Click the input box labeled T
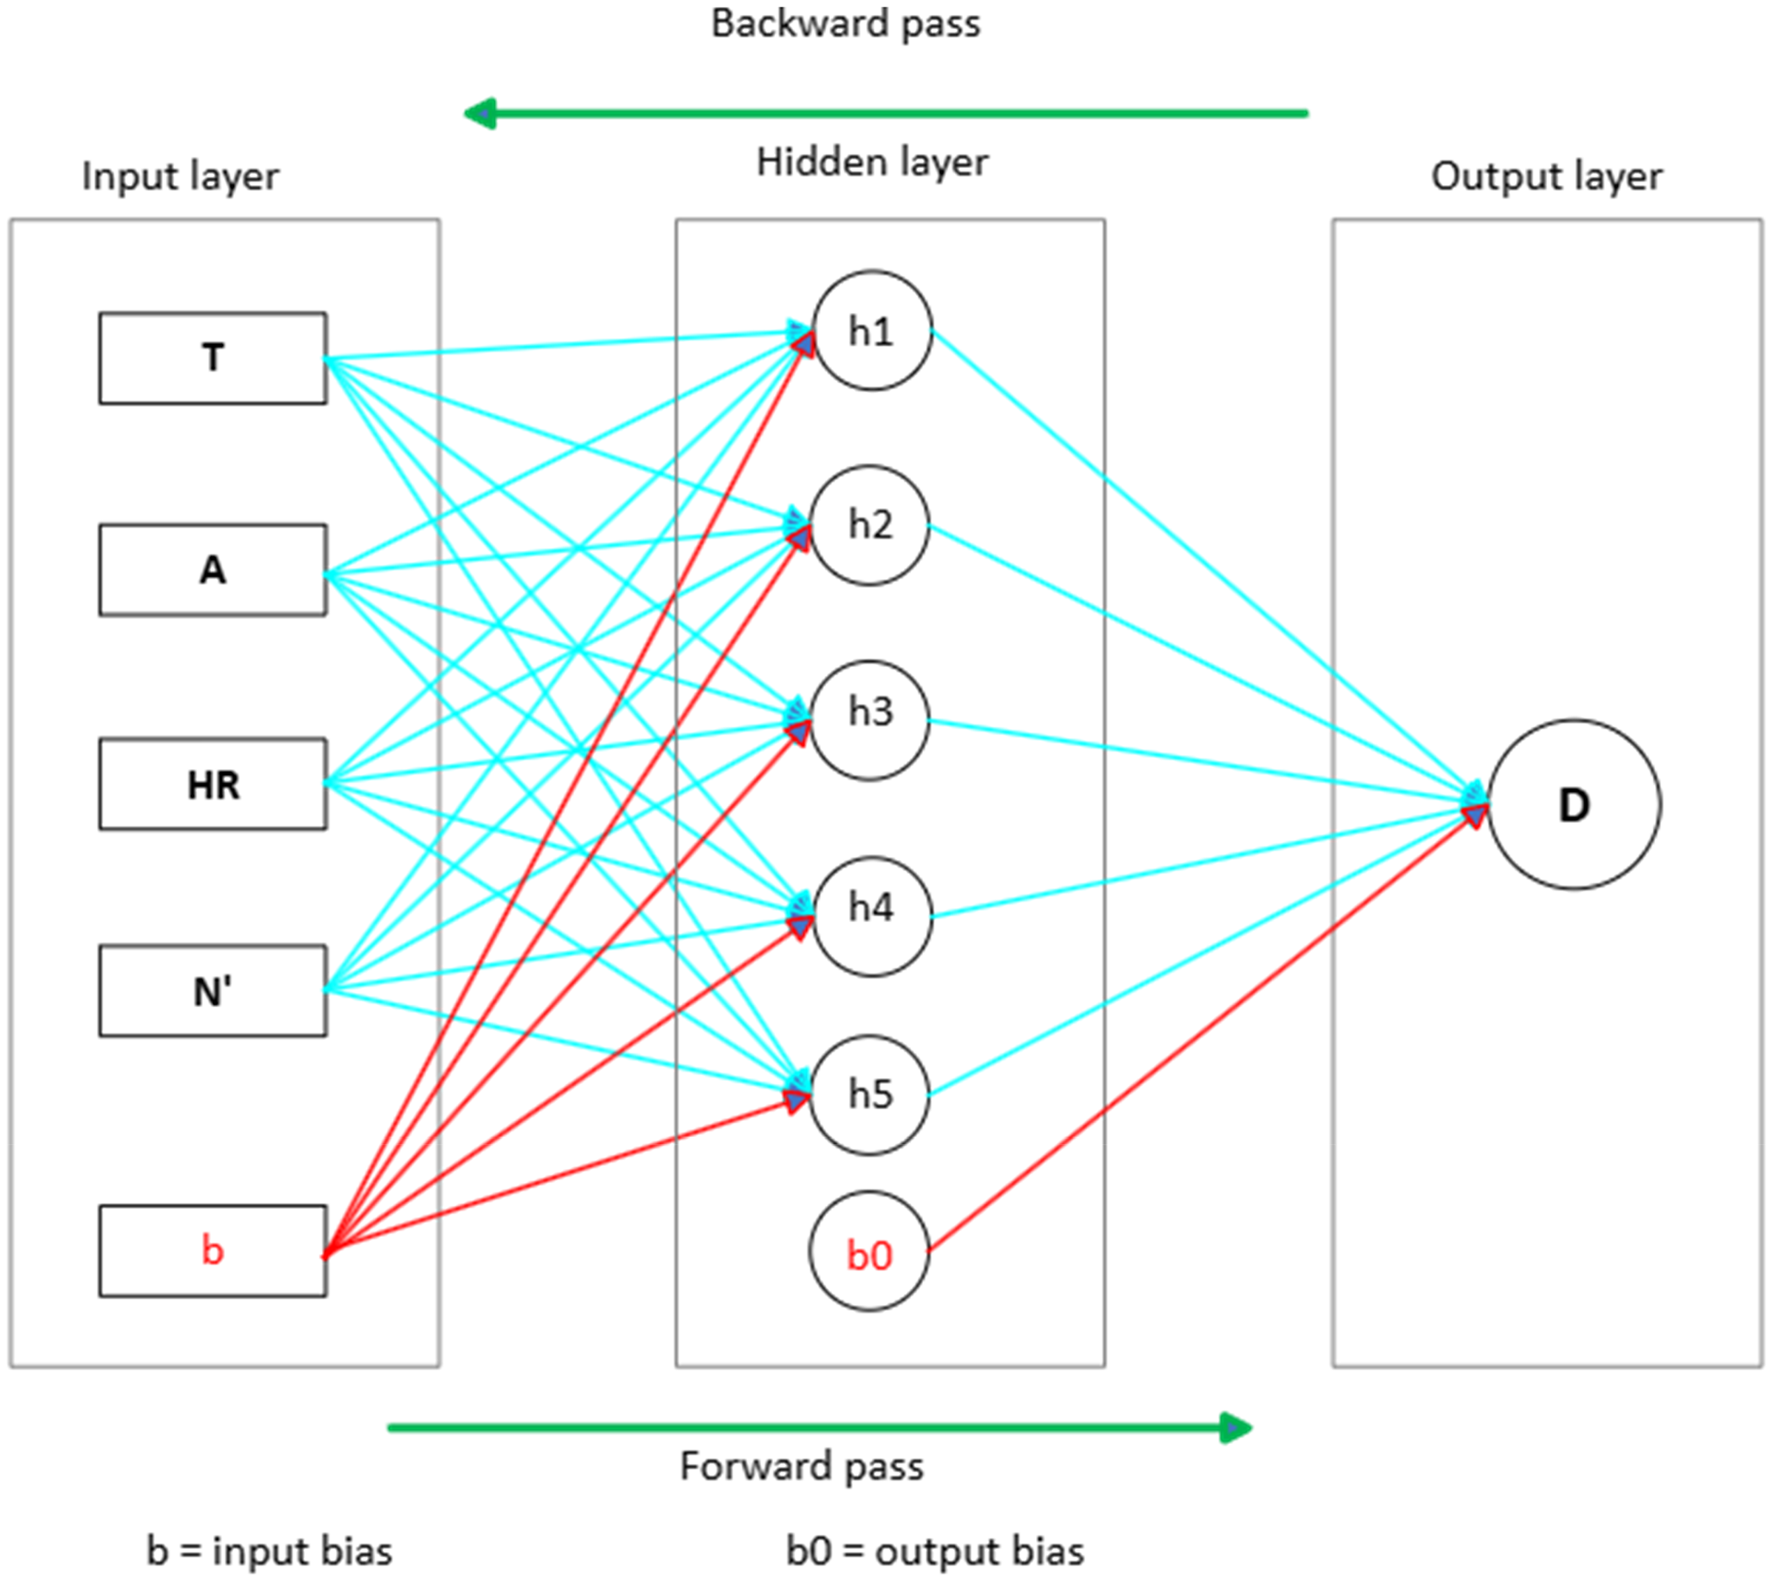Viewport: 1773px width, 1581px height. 213,358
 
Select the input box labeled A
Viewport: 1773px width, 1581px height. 213,570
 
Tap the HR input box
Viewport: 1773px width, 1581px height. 213,784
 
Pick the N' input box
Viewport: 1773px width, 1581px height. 213,991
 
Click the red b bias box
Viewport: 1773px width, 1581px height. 213,1251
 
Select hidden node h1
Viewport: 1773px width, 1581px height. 872,331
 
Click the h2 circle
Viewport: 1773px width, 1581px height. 869,525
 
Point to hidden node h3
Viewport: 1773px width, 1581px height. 869,721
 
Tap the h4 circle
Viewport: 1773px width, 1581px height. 872,917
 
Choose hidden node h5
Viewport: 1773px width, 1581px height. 869,1095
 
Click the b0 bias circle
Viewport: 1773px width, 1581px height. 869,1251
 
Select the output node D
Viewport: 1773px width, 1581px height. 1574,805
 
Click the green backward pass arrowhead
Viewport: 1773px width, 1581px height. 480,113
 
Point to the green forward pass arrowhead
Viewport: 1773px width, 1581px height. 1235,1427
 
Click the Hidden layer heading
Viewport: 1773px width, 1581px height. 872,162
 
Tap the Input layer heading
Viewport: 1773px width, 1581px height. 181,177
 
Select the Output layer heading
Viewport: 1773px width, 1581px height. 1547,177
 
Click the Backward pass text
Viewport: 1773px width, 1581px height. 846,24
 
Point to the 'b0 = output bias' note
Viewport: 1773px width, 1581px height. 935,1551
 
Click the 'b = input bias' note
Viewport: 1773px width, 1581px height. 270,1551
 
